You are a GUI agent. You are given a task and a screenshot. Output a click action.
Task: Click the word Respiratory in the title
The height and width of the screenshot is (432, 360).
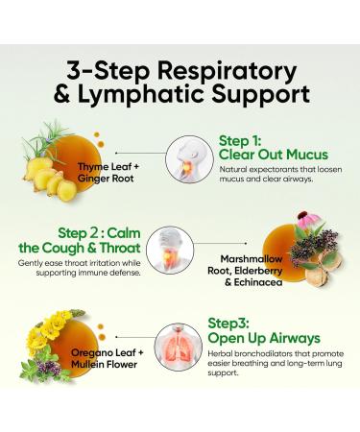[227, 72]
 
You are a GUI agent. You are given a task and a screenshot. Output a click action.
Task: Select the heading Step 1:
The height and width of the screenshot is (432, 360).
[240, 141]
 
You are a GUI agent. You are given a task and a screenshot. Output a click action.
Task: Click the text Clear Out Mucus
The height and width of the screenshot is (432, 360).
[274, 155]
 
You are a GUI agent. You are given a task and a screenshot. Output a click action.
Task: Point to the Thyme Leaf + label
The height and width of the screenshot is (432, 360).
[108, 167]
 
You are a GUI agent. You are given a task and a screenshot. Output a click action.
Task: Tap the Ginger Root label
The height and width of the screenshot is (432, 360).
[106, 179]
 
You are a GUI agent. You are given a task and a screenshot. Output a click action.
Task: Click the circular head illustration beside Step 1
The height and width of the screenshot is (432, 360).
[189, 159]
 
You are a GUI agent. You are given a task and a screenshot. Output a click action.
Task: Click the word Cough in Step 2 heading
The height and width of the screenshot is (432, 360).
[63, 248]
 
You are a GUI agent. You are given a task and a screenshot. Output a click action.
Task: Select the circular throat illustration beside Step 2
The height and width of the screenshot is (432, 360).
[170, 250]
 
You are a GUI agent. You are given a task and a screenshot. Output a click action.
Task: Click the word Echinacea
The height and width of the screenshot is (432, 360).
[258, 282]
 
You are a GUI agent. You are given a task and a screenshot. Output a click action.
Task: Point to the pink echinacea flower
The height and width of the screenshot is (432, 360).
[308, 219]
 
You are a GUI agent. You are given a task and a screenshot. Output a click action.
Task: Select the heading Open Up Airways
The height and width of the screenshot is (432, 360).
[264, 338]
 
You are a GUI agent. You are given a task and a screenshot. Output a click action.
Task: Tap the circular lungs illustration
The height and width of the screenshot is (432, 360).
[179, 347]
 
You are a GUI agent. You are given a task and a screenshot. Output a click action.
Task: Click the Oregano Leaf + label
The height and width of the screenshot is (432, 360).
[108, 352]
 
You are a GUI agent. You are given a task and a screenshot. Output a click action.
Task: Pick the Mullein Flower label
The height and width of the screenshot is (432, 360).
[104, 364]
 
